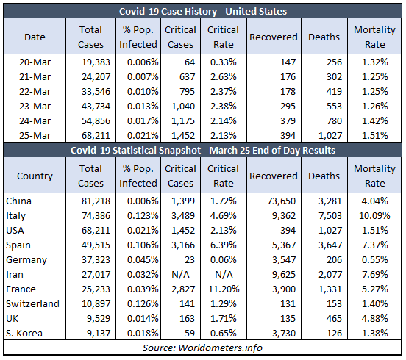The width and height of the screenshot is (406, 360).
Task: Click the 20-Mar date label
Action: click(x=35, y=62)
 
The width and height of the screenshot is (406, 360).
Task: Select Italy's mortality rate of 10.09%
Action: click(x=374, y=216)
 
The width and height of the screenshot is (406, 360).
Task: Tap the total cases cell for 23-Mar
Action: click(x=96, y=107)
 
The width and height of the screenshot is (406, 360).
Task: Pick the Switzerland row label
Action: click(x=32, y=303)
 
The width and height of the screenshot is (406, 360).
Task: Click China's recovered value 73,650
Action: click(x=281, y=201)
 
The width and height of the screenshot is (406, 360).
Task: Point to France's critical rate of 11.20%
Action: click(x=224, y=289)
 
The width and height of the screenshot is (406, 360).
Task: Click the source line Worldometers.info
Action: click(x=202, y=348)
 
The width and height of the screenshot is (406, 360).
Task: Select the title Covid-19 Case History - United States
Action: click(x=203, y=11)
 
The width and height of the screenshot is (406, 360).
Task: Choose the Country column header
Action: click(x=35, y=176)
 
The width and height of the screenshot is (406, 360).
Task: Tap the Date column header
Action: click(x=35, y=37)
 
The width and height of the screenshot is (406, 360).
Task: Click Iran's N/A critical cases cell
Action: click(x=180, y=274)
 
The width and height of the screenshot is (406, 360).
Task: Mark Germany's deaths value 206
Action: click(x=334, y=259)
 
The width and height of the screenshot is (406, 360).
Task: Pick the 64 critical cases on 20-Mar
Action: click(x=190, y=62)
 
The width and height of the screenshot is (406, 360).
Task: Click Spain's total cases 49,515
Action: click(x=96, y=245)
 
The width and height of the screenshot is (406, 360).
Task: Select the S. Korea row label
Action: click(x=24, y=333)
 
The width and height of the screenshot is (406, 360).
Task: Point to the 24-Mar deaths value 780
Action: click(x=334, y=121)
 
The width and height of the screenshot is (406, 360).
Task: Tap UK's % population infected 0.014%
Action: click(x=143, y=318)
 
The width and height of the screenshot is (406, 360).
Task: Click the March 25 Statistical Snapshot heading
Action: click(x=203, y=151)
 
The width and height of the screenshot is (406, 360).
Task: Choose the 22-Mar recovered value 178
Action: click(x=288, y=92)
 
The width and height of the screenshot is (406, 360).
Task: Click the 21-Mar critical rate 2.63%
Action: click(x=223, y=77)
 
